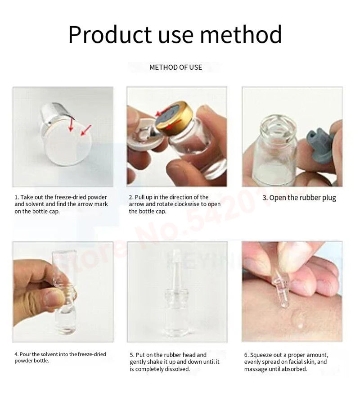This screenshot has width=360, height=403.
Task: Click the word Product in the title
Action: pyautogui.click(x=110, y=35)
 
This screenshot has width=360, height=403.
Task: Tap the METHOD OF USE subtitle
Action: pyautogui.click(x=175, y=68)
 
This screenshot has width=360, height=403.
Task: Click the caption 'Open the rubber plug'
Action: pyautogui.click(x=299, y=198)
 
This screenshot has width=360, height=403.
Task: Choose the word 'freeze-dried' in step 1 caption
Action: pyautogui.click(x=71, y=197)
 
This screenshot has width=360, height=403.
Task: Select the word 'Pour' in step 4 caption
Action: pyautogui.click(x=24, y=354)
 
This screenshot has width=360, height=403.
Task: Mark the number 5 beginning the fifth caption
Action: pyautogui.click(x=131, y=355)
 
